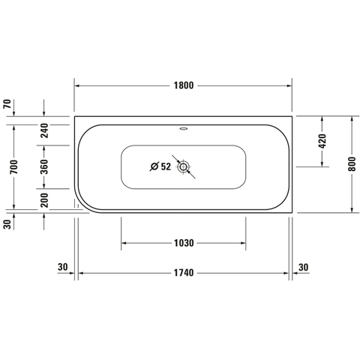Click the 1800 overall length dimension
(x=184, y=85)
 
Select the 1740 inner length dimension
(x=184, y=273)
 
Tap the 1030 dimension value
(x=184, y=243)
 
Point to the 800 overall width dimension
(x=352, y=164)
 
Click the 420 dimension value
(x=322, y=141)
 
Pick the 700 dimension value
(x=14, y=167)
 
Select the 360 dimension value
(x=44, y=166)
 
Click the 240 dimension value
(x=44, y=130)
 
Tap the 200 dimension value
(x=44, y=200)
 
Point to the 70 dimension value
(x=7, y=103)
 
